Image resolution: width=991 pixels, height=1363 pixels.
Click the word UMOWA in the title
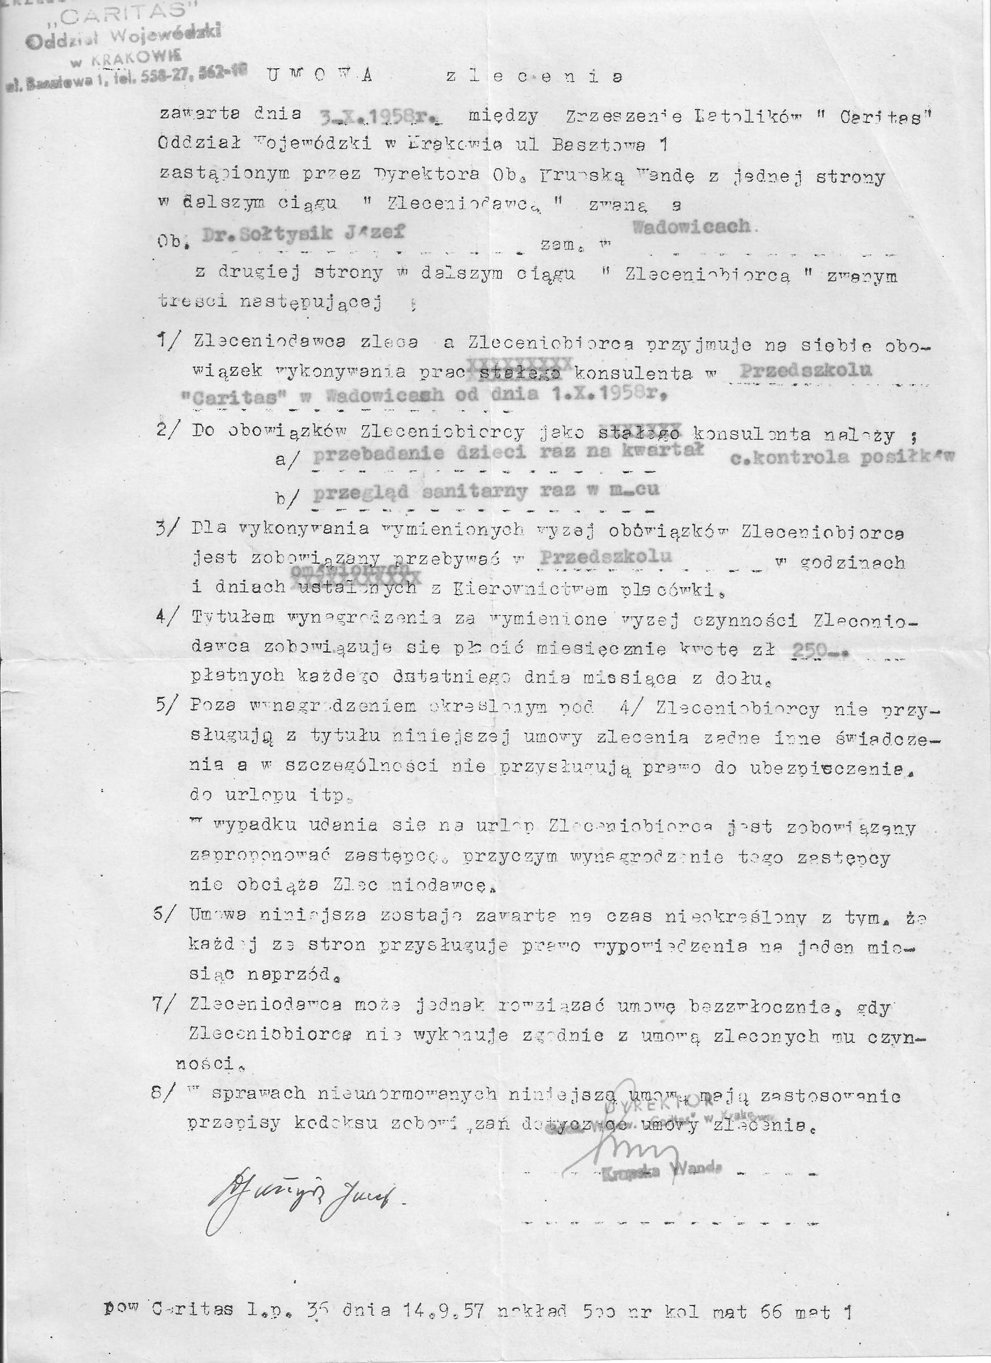pyautogui.click(x=318, y=76)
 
